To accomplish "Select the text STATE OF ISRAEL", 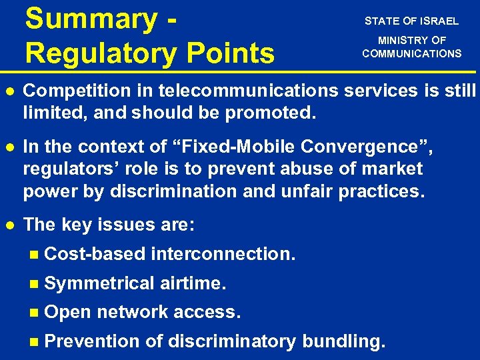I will tap(411, 21).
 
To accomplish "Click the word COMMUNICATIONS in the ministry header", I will tap(411, 53).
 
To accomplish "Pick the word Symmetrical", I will tap(99, 283).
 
